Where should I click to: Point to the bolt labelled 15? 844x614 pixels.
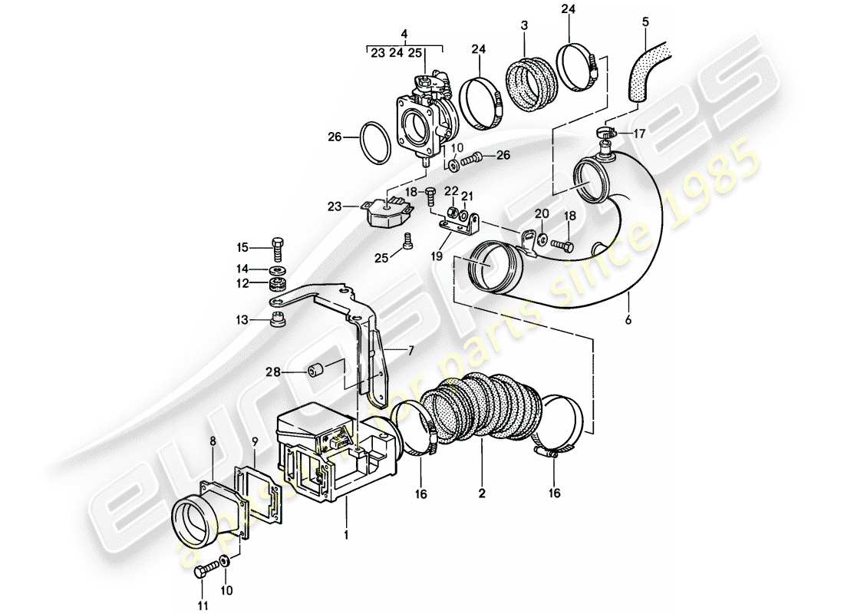tap(278, 248)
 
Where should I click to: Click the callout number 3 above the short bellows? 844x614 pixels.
tap(523, 25)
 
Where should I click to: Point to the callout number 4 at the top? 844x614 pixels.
tap(404, 34)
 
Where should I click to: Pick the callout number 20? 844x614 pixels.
tap(542, 213)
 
